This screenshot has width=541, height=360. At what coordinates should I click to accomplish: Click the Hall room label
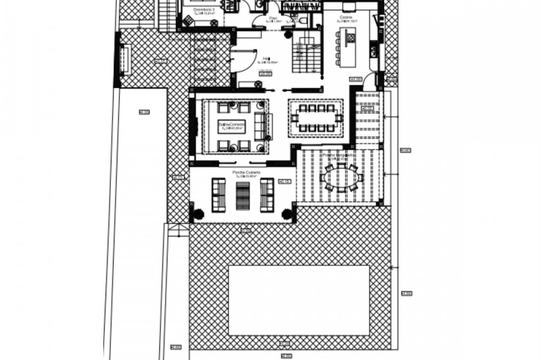point(266,57)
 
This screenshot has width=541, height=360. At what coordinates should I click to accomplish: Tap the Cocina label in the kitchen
point(346,18)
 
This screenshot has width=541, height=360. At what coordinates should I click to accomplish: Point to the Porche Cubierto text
point(246,172)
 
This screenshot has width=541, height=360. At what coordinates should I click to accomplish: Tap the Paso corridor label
point(273,18)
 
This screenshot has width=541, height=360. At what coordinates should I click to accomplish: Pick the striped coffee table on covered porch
point(243,195)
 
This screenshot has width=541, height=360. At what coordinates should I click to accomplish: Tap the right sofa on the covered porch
point(267,195)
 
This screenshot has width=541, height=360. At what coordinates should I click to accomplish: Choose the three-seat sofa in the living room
point(260,125)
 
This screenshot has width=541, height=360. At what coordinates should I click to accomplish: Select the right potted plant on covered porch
point(287,214)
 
